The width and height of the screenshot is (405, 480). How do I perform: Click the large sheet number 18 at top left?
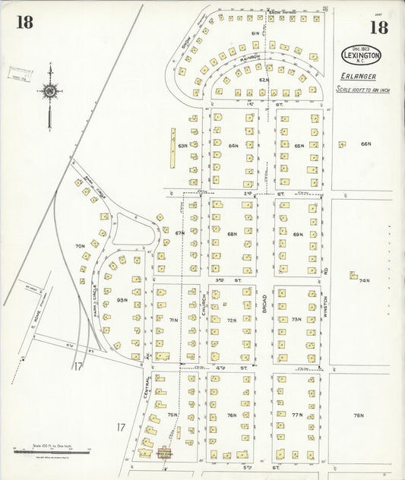click(24, 22)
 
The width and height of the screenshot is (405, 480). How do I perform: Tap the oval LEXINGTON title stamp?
click(362, 55)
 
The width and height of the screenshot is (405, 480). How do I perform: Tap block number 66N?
click(366, 144)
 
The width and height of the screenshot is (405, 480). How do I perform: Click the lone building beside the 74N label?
click(353, 275)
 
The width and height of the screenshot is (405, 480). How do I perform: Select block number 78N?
click(358, 415)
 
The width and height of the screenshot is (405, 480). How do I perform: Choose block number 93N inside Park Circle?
click(122, 300)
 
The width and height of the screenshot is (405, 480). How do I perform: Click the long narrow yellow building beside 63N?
click(172, 147)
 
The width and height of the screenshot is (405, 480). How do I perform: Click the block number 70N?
click(79, 246)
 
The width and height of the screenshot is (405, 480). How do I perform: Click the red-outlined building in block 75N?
click(163, 453)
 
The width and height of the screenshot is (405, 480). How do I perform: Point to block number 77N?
click(297, 415)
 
